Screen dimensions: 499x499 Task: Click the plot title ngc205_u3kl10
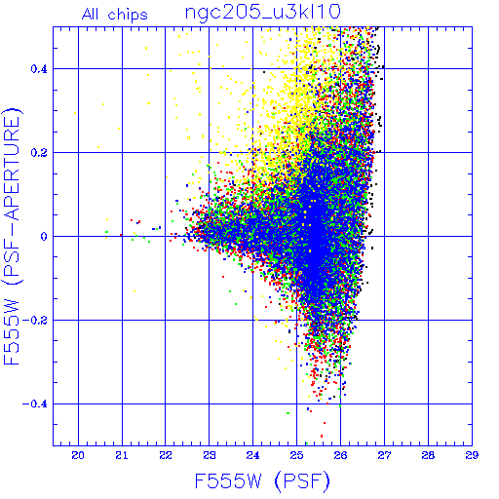click(x=263, y=13)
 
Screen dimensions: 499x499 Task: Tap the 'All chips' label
click(x=115, y=15)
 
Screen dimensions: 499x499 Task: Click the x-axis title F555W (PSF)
click(x=262, y=481)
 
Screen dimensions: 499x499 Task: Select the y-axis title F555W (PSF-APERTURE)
click(x=12, y=236)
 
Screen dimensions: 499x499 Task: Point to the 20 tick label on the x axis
click(x=78, y=455)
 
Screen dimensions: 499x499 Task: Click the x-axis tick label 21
click(x=122, y=455)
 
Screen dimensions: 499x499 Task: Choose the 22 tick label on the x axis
click(x=166, y=455)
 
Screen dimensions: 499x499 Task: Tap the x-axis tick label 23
click(x=210, y=455)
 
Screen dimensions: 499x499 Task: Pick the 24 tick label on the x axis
click(x=252, y=455)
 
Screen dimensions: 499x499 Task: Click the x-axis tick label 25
click(x=296, y=455)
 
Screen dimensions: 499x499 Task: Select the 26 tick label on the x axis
click(x=340, y=455)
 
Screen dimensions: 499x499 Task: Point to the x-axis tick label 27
click(x=384, y=455)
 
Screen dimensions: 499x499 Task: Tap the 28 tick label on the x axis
click(x=428, y=455)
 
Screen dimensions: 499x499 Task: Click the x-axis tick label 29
click(x=472, y=455)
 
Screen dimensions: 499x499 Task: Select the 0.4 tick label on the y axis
click(x=39, y=69)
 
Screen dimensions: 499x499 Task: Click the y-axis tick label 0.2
click(x=39, y=153)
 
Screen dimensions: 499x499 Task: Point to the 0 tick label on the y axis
click(x=44, y=237)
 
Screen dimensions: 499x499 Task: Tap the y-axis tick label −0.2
click(x=35, y=321)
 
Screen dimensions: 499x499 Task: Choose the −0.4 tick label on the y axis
click(x=35, y=404)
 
